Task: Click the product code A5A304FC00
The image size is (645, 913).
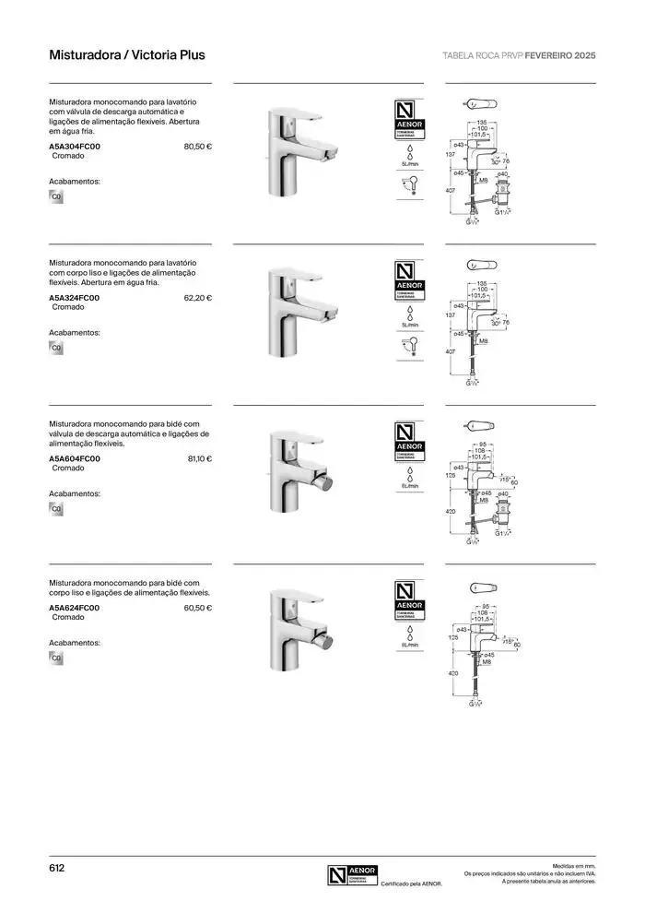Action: (74, 147)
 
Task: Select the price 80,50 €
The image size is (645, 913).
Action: (197, 147)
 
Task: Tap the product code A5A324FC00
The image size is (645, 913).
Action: (74, 298)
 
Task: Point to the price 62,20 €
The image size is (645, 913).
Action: (197, 298)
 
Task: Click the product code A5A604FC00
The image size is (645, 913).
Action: (74, 458)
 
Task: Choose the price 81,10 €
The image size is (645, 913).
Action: (199, 458)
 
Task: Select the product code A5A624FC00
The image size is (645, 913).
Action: (74, 608)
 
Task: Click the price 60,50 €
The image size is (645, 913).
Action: (197, 608)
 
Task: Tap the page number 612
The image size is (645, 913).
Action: (57, 868)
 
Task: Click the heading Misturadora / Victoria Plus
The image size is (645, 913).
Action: (126, 55)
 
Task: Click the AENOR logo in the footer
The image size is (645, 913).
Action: (352, 875)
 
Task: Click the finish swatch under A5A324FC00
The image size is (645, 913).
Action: (55, 348)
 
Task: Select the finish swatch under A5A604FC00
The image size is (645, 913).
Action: (55, 508)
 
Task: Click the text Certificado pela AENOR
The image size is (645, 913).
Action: (412, 883)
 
